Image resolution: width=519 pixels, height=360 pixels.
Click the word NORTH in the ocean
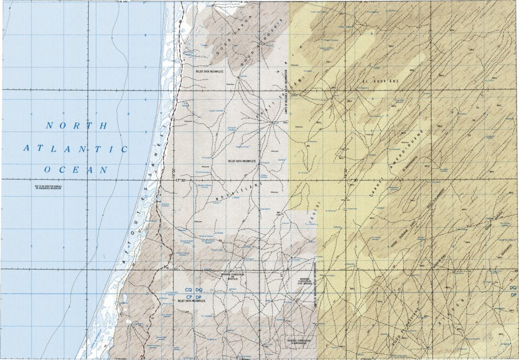(x=77, y=126)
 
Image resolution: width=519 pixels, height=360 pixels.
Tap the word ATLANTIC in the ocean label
(x=75, y=148)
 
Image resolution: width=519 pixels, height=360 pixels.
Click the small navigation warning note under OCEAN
(x=49, y=187)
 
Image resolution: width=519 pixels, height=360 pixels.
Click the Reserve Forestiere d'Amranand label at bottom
(x=299, y=341)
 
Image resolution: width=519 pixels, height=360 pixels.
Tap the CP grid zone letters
(x=189, y=297)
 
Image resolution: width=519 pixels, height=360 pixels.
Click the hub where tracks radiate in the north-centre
(x=272, y=123)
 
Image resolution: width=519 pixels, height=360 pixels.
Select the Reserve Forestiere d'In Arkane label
(x=307, y=282)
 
